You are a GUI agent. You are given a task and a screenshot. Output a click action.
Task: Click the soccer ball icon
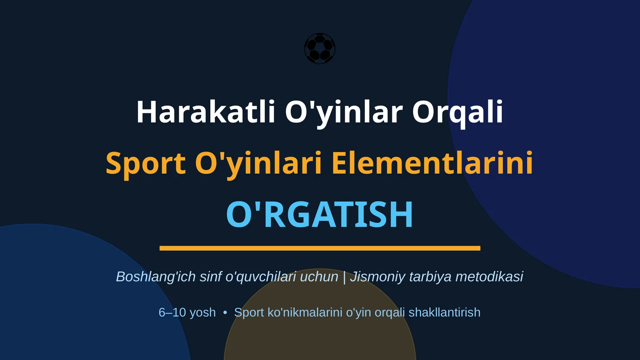[x=320, y=48]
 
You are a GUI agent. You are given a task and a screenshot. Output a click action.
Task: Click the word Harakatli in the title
[x=206, y=112]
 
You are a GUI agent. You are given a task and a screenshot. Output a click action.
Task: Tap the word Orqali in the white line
[x=457, y=112]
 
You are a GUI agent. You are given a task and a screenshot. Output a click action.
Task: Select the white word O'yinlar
[x=344, y=112]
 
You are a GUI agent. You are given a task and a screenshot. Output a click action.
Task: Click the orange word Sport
[x=146, y=163]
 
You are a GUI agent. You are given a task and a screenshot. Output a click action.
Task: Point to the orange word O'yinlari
[x=258, y=163]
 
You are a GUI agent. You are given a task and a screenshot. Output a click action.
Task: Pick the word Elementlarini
[x=432, y=163]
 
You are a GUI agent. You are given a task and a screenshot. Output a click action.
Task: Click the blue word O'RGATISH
[x=320, y=214]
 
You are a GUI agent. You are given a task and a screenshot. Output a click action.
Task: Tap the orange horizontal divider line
[x=320, y=248]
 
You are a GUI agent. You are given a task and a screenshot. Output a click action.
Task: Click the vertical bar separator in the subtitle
[x=344, y=277]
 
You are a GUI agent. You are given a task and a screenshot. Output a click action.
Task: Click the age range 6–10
[x=172, y=312]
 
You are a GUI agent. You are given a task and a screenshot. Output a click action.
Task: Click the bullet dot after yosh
[x=225, y=312]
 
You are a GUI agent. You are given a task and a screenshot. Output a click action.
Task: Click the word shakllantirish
[x=444, y=312]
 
